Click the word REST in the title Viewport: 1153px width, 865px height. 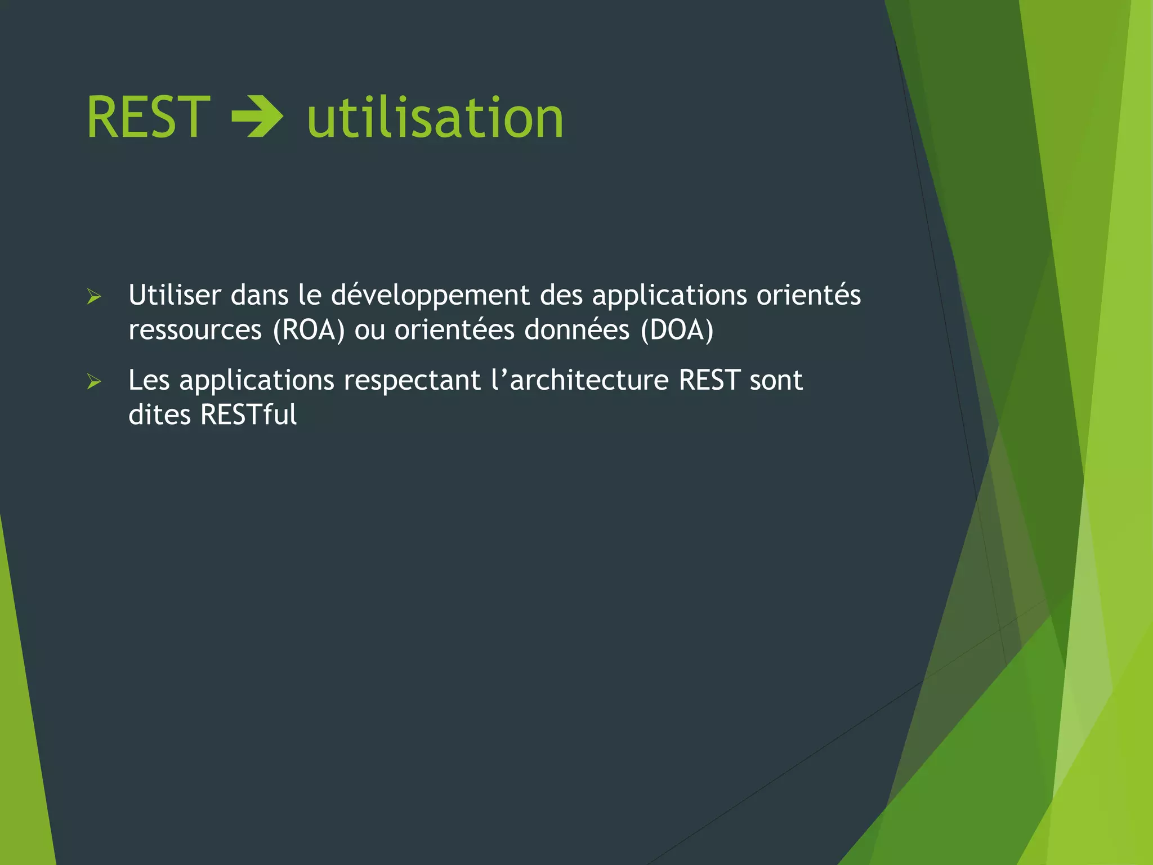click(148, 117)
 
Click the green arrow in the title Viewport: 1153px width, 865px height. click(257, 117)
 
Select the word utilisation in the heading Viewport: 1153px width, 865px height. click(435, 117)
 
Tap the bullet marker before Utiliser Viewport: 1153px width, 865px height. click(94, 297)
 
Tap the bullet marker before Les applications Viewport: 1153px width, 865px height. click(94, 382)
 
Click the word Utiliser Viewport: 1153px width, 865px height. click(175, 295)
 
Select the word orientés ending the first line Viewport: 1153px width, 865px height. click(808, 295)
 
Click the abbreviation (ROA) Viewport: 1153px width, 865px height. click(309, 330)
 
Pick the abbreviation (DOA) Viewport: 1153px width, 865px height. click(677, 330)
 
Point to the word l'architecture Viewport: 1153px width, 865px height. click(579, 380)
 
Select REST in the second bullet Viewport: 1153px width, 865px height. click(709, 380)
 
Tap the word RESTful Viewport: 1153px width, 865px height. click(248, 415)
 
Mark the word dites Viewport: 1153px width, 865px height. click(160, 415)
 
